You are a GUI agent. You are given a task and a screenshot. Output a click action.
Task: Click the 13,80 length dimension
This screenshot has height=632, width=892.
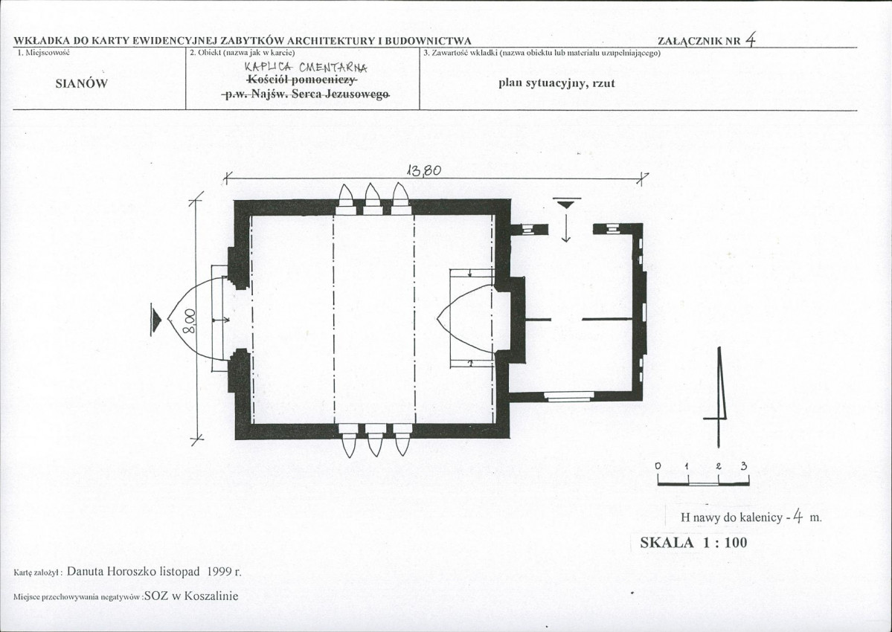[424, 170]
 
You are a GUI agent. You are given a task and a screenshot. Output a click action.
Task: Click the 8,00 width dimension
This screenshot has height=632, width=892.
[190, 321]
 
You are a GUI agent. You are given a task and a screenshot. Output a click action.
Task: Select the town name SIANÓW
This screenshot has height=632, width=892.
[82, 83]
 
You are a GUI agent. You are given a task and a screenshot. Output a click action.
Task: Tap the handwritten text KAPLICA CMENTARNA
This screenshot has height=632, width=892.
[306, 67]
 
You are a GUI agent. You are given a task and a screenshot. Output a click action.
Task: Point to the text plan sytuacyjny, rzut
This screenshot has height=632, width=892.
[557, 83]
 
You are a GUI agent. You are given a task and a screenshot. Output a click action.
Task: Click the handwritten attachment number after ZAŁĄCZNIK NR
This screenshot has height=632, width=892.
[751, 39]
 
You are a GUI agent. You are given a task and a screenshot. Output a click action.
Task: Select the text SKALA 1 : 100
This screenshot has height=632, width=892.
[693, 542]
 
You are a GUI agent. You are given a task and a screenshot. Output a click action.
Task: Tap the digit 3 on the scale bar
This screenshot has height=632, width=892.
[743, 466]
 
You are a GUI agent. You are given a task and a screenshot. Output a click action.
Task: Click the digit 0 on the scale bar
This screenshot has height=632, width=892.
[658, 466]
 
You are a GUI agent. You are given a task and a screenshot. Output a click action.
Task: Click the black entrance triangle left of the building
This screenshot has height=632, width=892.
[156, 320]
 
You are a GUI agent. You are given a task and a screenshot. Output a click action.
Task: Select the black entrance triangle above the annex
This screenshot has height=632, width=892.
[566, 204]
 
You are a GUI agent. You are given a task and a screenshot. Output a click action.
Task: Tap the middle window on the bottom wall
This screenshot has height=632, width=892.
[373, 440]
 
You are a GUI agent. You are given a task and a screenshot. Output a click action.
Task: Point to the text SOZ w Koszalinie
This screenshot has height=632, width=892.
[191, 596]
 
